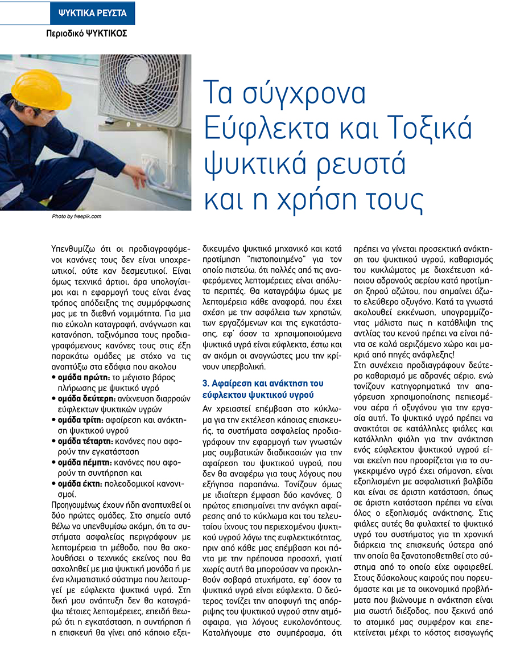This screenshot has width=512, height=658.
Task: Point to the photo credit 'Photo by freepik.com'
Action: pos(76,216)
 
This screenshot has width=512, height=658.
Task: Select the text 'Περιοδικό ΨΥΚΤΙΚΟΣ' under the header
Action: pos(86,33)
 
